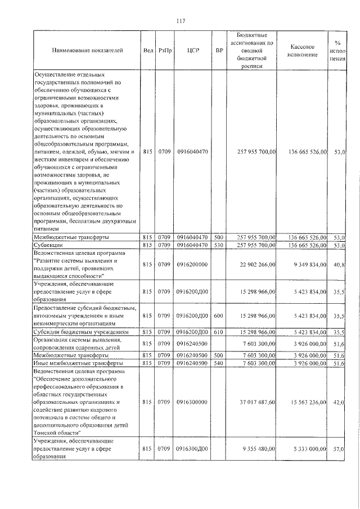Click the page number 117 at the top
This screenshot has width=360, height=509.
180,21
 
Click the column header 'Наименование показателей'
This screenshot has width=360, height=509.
87,51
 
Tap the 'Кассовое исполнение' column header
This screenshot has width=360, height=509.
307,51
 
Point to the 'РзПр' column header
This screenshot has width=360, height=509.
164,51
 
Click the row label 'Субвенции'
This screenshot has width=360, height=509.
48,245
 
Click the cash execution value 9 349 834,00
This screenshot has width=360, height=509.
308,264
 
